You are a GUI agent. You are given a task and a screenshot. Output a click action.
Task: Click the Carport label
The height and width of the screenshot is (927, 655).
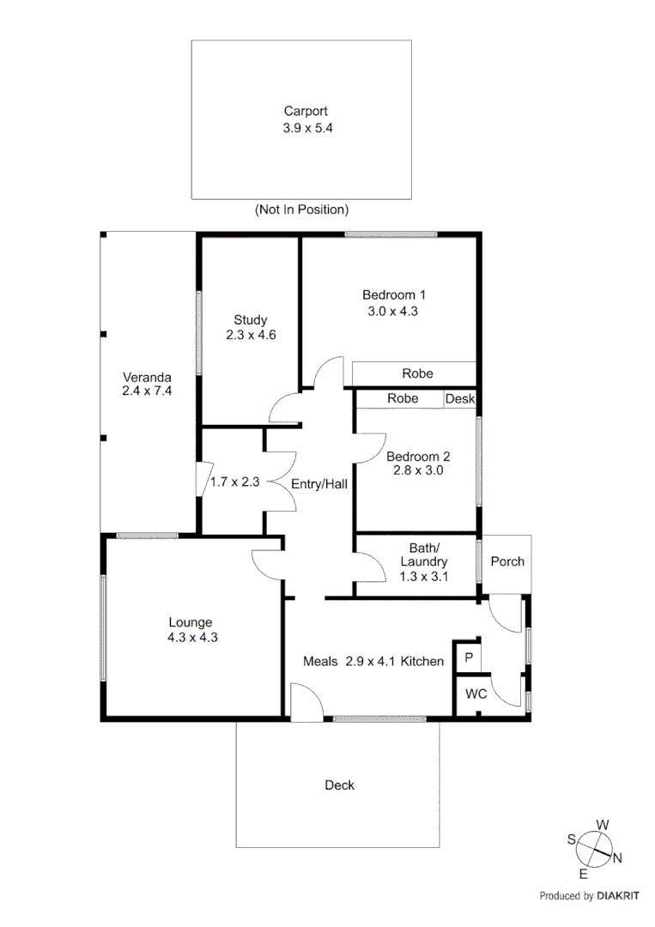click(x=306, y=111)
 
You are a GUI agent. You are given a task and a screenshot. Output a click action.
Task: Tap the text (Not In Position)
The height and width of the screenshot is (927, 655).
click(x=301, y=209)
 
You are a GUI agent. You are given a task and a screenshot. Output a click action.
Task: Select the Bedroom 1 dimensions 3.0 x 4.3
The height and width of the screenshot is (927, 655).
click(x=393, y=312)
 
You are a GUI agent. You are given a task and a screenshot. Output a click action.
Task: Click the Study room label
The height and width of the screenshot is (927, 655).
click(x=250, y=320)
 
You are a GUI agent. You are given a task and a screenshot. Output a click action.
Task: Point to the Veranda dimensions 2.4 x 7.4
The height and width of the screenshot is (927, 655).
click(x=147, y=391)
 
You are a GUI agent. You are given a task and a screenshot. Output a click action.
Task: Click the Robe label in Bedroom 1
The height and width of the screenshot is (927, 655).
click(x=417, y=373)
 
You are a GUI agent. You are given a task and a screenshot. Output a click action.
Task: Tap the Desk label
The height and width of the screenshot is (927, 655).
click(x=459, y=399)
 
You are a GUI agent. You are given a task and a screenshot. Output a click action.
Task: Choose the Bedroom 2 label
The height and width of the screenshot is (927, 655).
click(x=417, y=457)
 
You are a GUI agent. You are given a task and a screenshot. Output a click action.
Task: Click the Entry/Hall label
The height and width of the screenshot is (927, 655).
click(x=318, y=484)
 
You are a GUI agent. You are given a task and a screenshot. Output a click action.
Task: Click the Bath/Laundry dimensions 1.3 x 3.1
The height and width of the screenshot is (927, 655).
click(x=424, y=577)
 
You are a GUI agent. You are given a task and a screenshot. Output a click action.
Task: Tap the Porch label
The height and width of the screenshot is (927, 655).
click(x=506, y=561)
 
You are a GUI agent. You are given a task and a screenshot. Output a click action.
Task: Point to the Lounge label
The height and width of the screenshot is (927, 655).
click(x=190, y=622)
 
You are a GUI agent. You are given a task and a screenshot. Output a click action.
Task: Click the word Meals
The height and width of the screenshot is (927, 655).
click(x=321, y=661)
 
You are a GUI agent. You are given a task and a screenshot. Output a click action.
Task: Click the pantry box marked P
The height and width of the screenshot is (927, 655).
click(x=468, y=657)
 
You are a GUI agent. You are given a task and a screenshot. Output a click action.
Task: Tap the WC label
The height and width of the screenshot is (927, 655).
click(x=476, y=694)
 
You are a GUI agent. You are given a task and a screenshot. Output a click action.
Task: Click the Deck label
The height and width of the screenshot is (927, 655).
click(x=339, y=785)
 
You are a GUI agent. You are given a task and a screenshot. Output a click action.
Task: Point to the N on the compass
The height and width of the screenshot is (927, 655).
click(x=616, y=857)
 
